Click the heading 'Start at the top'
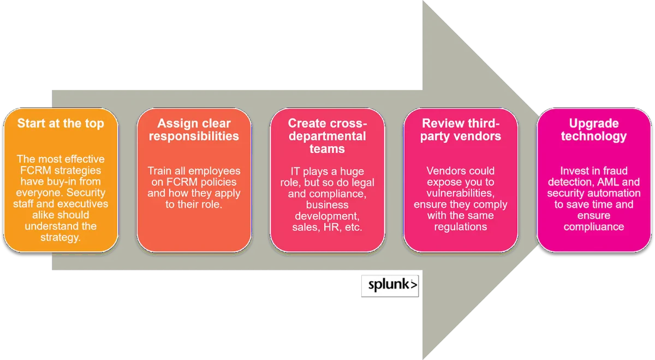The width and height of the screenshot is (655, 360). (x=60, y=123)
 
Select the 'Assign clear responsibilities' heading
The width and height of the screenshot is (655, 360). (x=194, y=129)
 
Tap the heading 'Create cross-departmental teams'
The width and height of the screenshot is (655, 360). (x=327, y=136)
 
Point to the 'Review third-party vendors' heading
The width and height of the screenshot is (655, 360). (x=461, y=129)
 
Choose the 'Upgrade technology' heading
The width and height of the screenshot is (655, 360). (x=594, y=129)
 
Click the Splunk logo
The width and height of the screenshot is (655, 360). (x=389, y=285)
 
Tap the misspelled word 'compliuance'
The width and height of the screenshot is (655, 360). (x=594, y=227)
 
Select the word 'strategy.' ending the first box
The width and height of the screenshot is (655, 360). (x=60, y=238)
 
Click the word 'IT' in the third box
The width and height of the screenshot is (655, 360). (x=295, y=172)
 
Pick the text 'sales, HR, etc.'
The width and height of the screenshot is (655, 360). (x=327, y=227)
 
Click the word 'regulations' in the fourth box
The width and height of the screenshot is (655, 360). (x=461, y=227)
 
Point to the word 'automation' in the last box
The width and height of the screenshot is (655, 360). (x=615, y=193)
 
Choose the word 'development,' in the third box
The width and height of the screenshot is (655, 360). (x=327, y=216)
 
